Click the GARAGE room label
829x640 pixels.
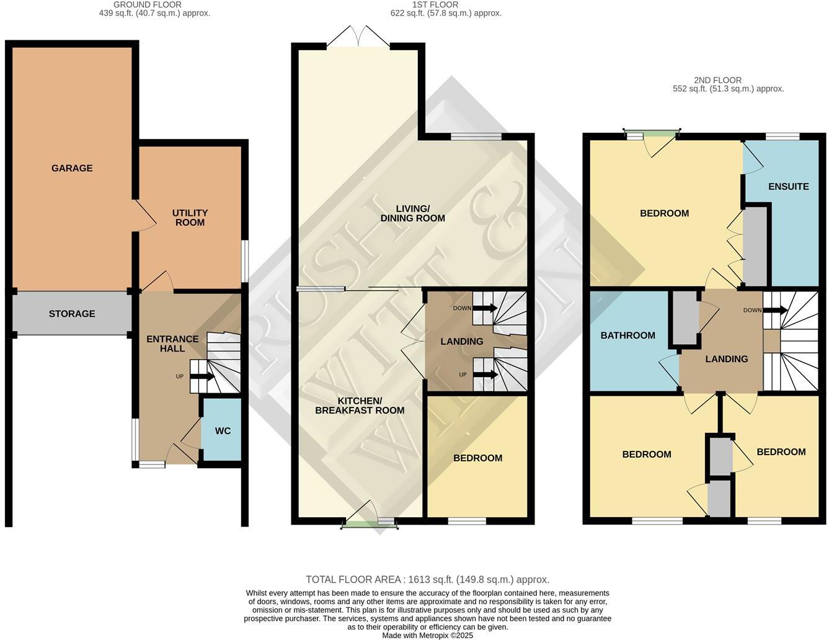click(x=72, y=168)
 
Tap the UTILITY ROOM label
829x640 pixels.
click(x=190, y=218)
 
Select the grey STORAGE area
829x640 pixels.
click(x=72, y=314)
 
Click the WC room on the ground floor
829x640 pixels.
click(x=223, y=430)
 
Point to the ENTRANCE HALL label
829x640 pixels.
click(x=172, y=344)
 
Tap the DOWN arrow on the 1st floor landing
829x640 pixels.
click(x=484, y=308)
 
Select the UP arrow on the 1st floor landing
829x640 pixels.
click(x=484, y=375)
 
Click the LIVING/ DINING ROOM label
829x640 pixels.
click(x=412, y=213)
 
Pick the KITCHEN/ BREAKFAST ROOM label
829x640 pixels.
click(x=360, y=406)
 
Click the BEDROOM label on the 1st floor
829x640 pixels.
click(x=477, y=458)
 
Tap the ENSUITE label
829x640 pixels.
click(x=788, y=187)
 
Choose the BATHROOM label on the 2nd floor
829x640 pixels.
click(x=627, y=336)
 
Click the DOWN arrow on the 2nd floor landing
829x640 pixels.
click(x=775, y=310)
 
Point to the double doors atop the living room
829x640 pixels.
click(x=358, y=37)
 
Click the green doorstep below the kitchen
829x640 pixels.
click(x=361, y=525)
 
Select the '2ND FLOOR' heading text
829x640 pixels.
click(x=717, y=80)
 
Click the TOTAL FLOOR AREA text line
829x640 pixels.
click(x=427, y=580)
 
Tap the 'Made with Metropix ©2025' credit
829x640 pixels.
click(x=427, y=636)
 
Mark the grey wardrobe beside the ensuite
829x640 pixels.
click(x=755, y=246)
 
